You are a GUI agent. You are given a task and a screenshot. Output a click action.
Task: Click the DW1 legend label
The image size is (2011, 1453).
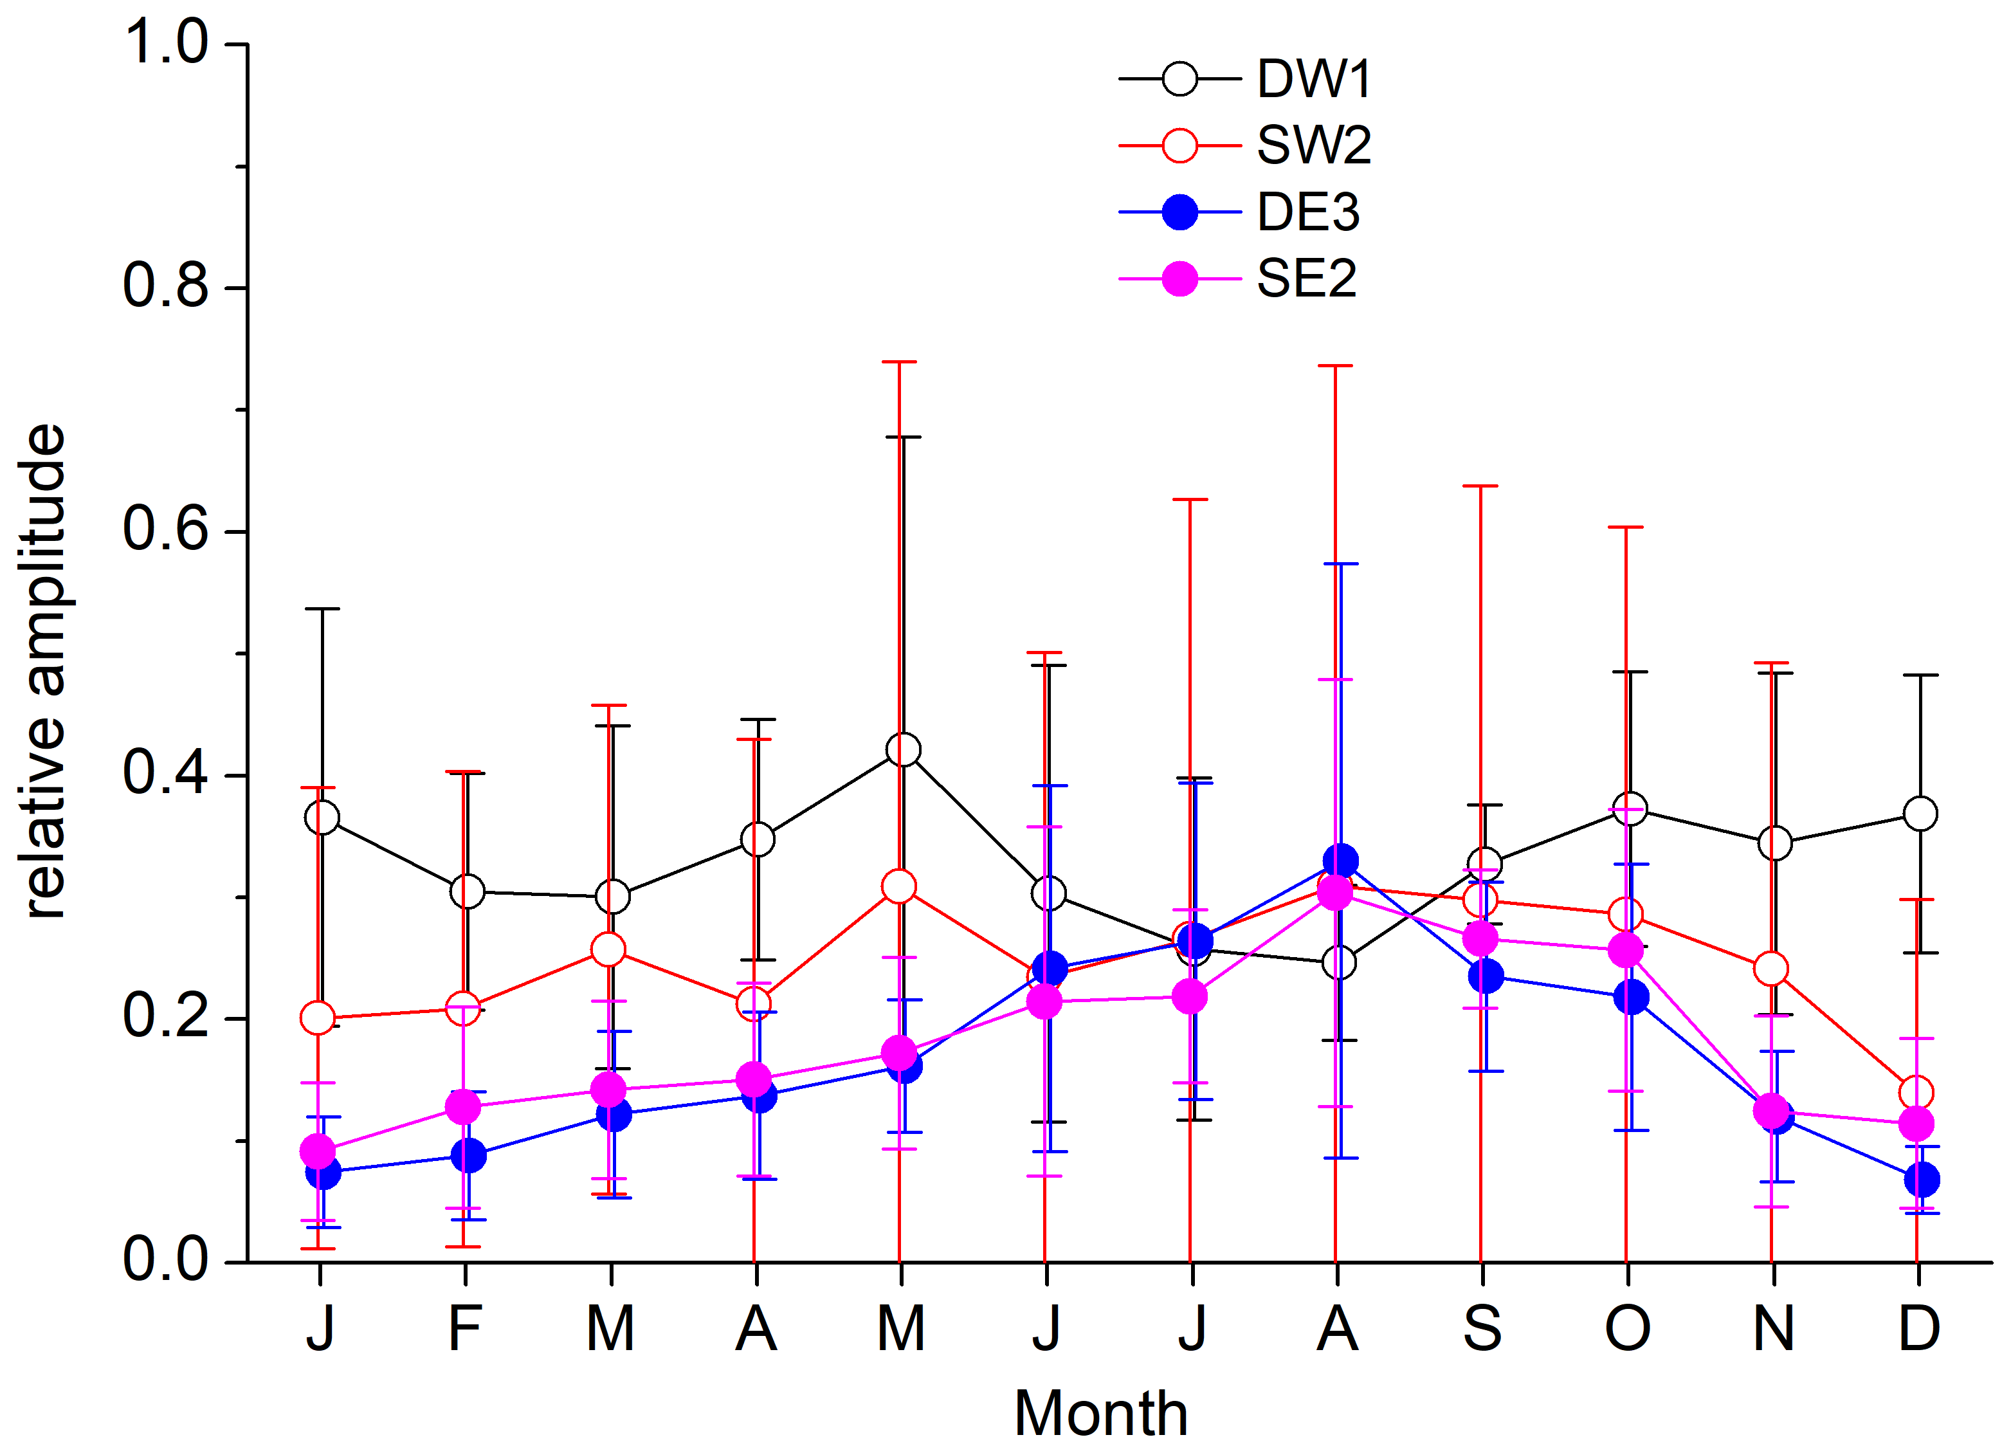(x=1314, y=80)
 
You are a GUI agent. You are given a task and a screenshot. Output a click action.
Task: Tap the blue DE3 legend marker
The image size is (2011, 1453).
(x=1179, y=212)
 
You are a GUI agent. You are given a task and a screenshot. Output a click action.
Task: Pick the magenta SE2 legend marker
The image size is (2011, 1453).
(x=1179, y=279)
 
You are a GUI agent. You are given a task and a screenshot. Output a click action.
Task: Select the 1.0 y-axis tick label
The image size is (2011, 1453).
(x=166, y=42)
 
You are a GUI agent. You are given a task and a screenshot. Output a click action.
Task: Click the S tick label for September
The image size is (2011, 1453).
(x=1482, y=1329)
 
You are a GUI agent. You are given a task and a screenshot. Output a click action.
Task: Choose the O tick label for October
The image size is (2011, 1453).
(x=1628, y=1329)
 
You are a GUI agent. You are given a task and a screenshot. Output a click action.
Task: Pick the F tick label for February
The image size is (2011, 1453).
(x=464, y=1329)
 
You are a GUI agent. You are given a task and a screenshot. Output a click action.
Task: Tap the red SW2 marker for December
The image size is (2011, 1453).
(x=1916, y=1093)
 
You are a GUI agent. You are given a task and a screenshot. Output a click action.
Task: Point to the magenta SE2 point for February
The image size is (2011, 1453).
(x=463, y=1107)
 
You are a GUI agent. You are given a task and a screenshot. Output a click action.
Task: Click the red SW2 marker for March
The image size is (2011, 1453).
(x=608, y=950)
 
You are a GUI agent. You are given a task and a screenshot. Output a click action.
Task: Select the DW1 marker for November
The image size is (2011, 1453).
(x=1775, y=844)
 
